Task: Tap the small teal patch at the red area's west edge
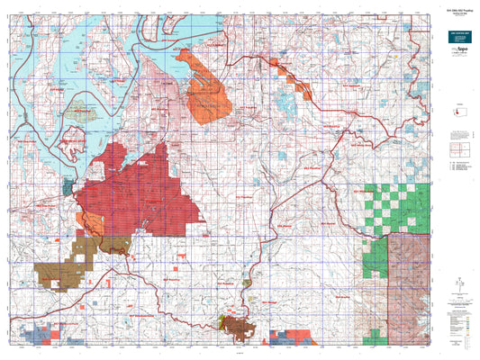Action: [68, 188]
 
